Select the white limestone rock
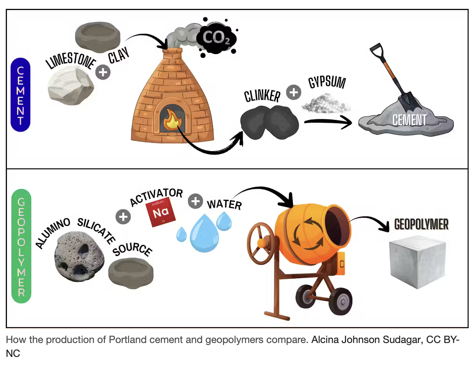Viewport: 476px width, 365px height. (70, 86)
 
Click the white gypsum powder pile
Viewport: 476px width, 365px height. (326, 102)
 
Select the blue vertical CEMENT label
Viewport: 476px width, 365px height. (20, 95)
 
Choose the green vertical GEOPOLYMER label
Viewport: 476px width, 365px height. (21, 247)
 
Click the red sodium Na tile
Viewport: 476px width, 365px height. (160, 213)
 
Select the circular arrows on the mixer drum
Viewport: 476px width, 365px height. (305, 233)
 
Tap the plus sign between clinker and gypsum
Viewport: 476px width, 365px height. (294, 92)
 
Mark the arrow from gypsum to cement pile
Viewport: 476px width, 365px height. (328, 123)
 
